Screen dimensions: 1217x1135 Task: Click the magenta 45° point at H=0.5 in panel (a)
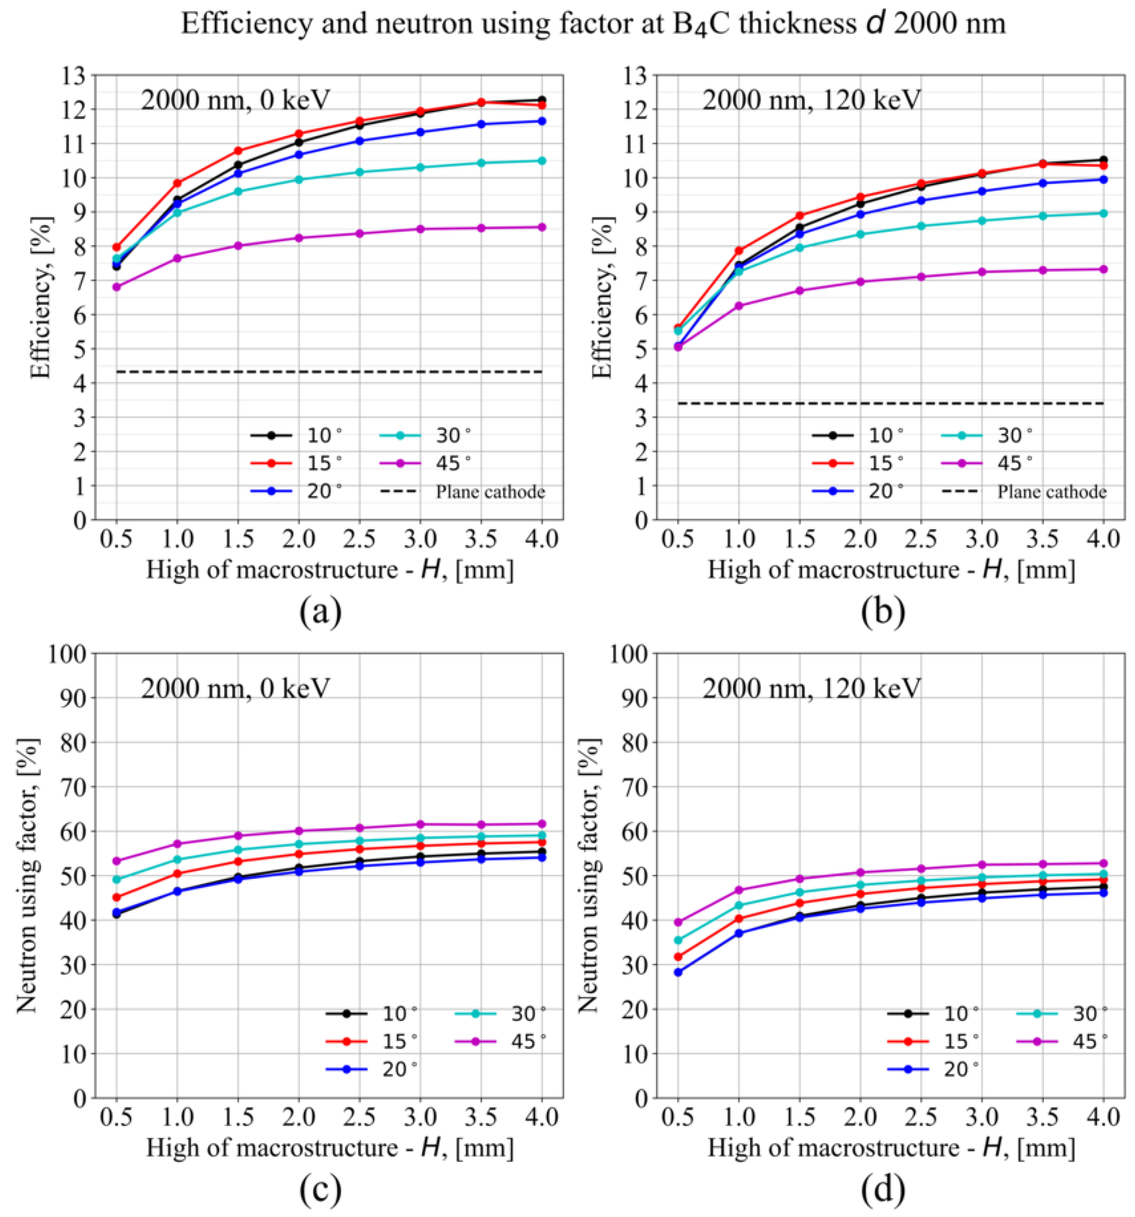pyautogui.click(x=116, y=286)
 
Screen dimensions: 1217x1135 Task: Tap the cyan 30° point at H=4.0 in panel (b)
pyautogui.click(x=1103, y=213)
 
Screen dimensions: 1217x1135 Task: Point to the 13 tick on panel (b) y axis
pyautogui.click(x=637, y=75)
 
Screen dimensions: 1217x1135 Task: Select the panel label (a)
pyautogui.click(x=320, y=611)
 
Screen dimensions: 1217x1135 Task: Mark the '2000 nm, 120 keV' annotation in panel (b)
pyautogui.click(x=811, y=100)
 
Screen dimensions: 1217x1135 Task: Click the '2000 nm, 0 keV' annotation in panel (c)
pyautogui.click(x=236, y=689)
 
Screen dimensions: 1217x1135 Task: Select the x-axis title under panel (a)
pyautogui.click(x=329, y=569)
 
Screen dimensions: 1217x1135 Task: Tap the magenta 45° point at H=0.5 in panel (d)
pyautogui.click(x=678, y=922)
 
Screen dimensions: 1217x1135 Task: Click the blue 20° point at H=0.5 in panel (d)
pyautogui.click(x=678, y=972)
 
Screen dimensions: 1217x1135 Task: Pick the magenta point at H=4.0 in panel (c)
pyautogui.click(x=542, y=823)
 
